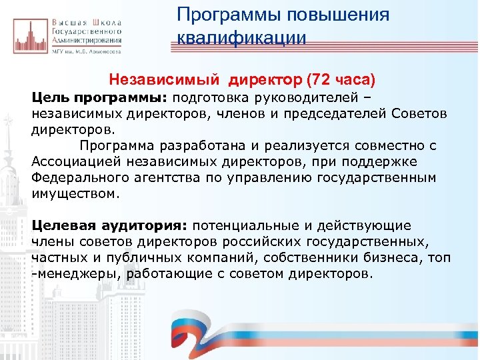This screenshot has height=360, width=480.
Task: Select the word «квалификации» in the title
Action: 241,38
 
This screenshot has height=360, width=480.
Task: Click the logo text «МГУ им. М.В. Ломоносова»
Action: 86,51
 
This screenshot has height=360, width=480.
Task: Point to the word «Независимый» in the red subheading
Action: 165,81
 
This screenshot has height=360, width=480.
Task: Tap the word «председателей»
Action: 339,113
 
